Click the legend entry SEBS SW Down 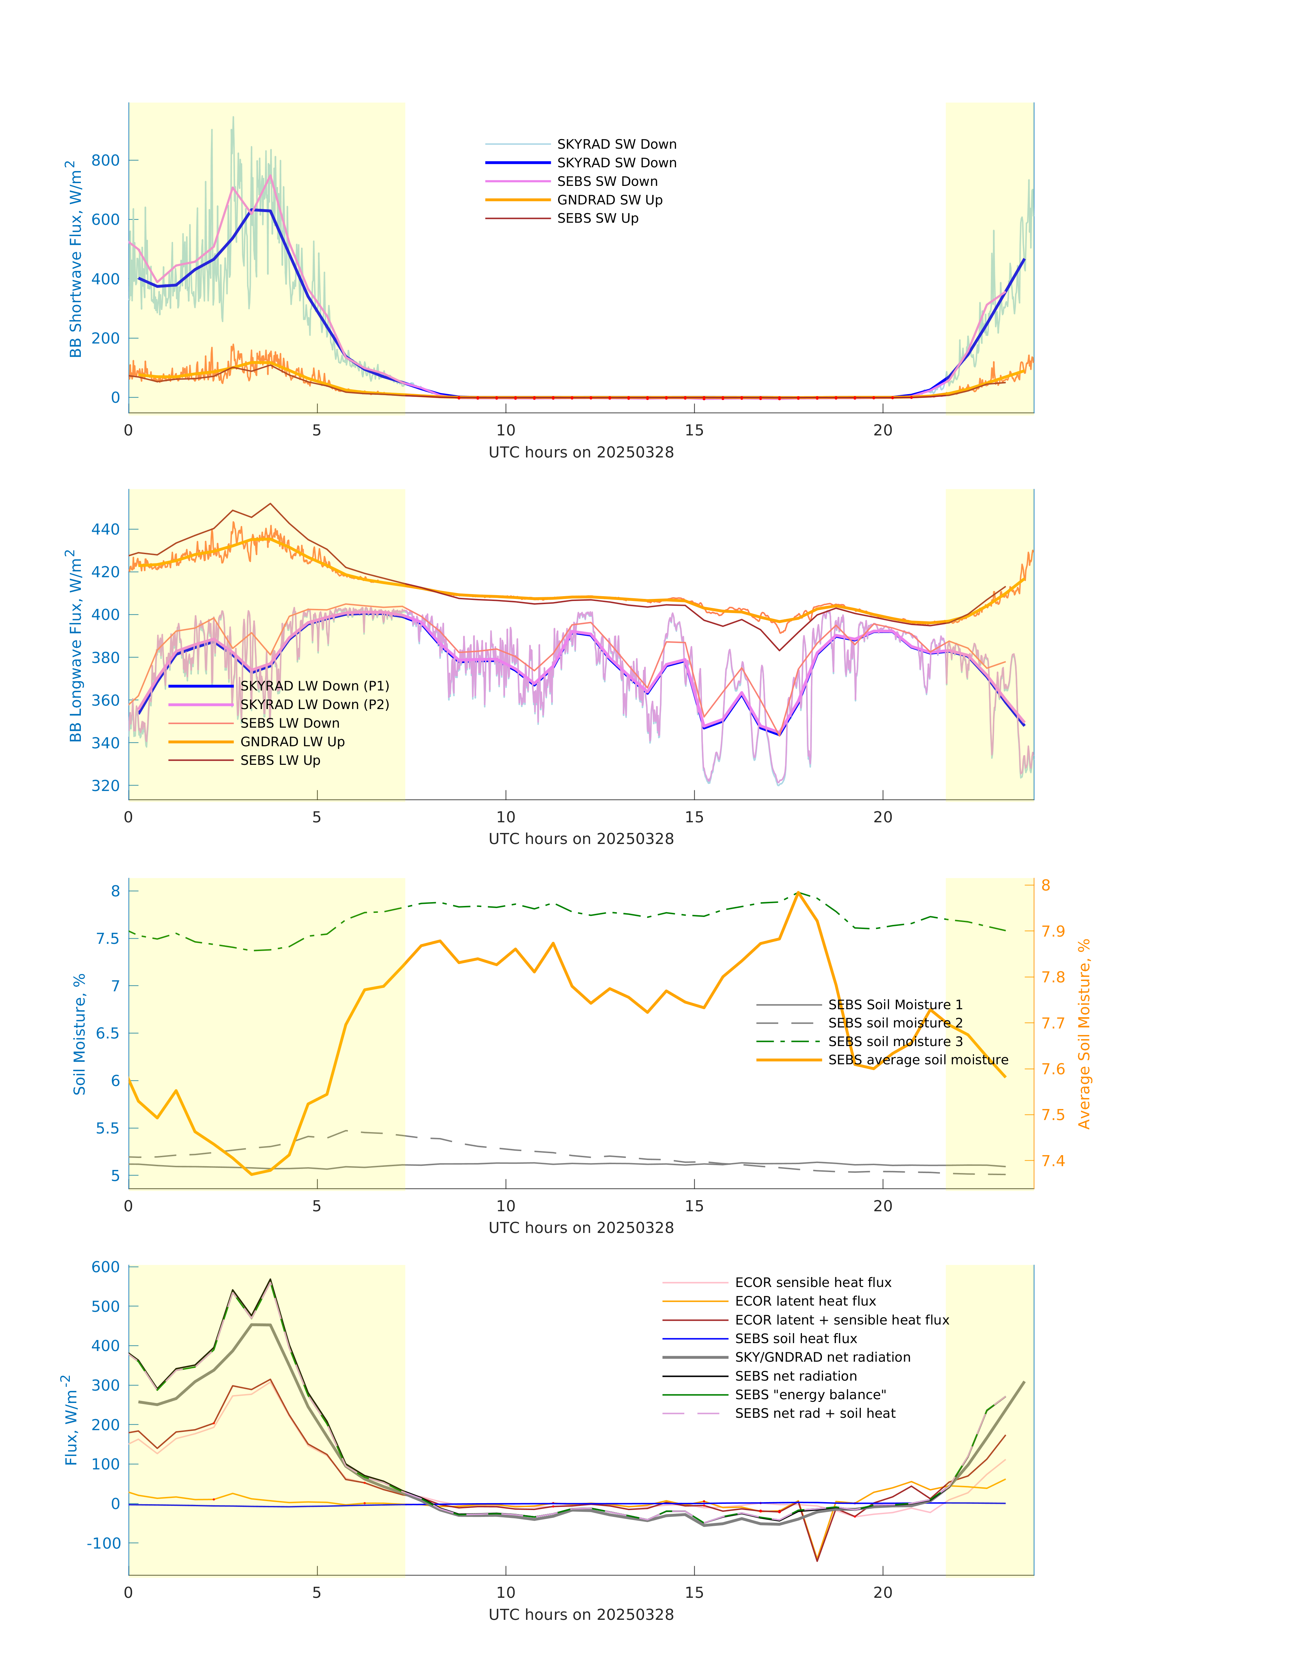coord(607,181)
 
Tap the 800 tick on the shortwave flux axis coord(106,160)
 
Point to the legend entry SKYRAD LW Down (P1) coord(314,686)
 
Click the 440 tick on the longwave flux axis coord(106,529)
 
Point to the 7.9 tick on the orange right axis coord(1053,931)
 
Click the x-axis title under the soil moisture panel coord(581,1228)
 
